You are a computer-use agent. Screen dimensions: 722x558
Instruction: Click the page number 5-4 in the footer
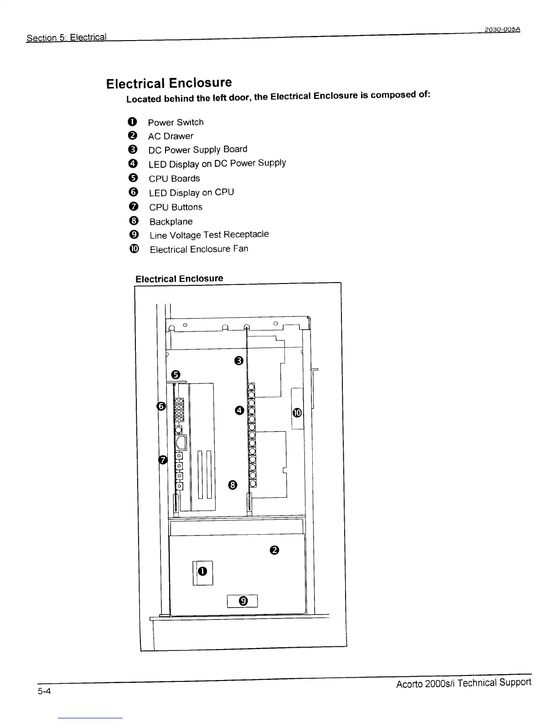click(44, 691)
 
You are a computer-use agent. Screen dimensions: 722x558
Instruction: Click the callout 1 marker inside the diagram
click(203, 571)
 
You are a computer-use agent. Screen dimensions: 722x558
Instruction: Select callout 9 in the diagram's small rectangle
click(243, 601)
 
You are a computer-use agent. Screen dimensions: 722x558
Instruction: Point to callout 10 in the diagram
click(297, 413)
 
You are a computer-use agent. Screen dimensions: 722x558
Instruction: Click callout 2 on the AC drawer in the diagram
click(274, 550)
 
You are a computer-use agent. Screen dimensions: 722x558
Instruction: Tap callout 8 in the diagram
click(232, 485)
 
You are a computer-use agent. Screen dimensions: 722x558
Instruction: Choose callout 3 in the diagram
click(239, 361)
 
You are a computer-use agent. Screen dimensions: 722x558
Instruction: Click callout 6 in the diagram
click(160, 406)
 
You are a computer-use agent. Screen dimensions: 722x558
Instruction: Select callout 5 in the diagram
click(176, 375)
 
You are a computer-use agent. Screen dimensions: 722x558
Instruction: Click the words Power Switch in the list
click(176, 122)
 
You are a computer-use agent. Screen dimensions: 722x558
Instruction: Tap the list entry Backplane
click(171, 222)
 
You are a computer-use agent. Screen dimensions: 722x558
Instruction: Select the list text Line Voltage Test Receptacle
click(209, 235)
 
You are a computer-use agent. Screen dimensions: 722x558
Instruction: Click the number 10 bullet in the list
click(133, 249)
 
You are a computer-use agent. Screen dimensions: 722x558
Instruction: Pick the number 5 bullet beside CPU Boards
click(133, 178)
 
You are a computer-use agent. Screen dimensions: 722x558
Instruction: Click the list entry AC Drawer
click(170, 136)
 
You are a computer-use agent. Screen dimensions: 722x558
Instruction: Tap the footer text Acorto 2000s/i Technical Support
click(464, 683)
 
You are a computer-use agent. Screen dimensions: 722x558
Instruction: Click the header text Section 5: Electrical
click(67, 37)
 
